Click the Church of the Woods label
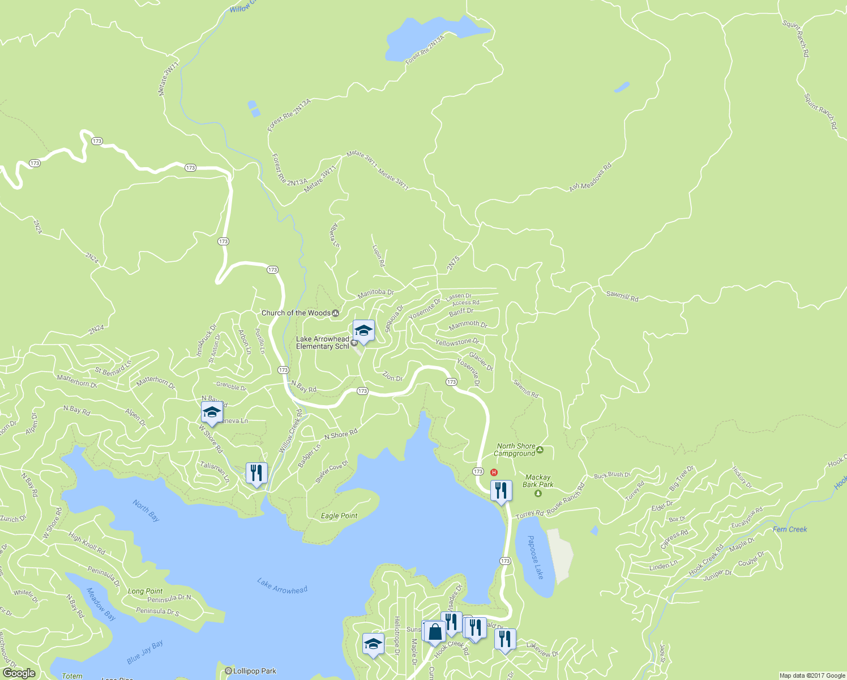[x=296, y=313]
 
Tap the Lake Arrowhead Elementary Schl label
[x=323, y=343]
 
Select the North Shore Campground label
[x=515, y=450]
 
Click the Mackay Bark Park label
[x=538, y=481]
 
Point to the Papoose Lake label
[x=535, y=557]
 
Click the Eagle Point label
[x=339, y=516]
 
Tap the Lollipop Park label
[x=254, y=671]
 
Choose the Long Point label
[x=145, y=591]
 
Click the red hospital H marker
[x=494, y=472]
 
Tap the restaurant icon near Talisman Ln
[x=256, y=473]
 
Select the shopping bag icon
[x=435, y=631]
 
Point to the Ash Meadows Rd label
[x=591, y=177]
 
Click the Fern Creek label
[x=790, y=529]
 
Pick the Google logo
[x=19, y=673]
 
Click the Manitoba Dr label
[x=375, y=293]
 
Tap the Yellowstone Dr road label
[x=457, y=342]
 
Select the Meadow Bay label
[x=100, y=604]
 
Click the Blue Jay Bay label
[x=145, y=652]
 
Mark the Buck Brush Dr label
[x=612, y=475]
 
